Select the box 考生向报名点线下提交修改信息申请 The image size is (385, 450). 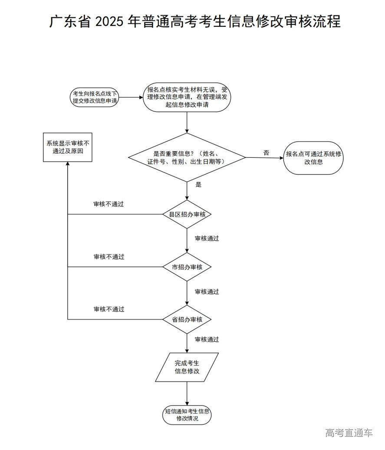click(x=95, y=97)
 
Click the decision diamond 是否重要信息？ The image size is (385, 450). click(x=187, y=157)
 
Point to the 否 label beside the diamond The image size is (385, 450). click(x=266, y=153)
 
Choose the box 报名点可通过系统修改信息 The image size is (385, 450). click(x=313, y=158)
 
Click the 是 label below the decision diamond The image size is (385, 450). click(x=198, y=184)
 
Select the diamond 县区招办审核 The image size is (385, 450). click(x=187, y=214)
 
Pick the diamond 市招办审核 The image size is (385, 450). click(x=187, y=267)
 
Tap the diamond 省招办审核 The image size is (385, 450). click(x=187, y=320)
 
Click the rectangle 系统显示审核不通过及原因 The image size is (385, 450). click(x=68, y=147)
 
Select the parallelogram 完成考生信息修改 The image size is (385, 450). click(x=187, y=367)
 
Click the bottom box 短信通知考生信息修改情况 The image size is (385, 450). click(x=187, y=415)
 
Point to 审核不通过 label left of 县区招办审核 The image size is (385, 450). click(x=109, y=204)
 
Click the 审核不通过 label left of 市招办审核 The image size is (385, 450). click(x=109, y=257)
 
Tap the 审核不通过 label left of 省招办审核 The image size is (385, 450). click(x=109, y=309)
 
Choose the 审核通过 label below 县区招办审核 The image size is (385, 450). click(x=207, y=238)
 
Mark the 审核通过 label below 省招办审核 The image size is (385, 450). click(x=207, y=339)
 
